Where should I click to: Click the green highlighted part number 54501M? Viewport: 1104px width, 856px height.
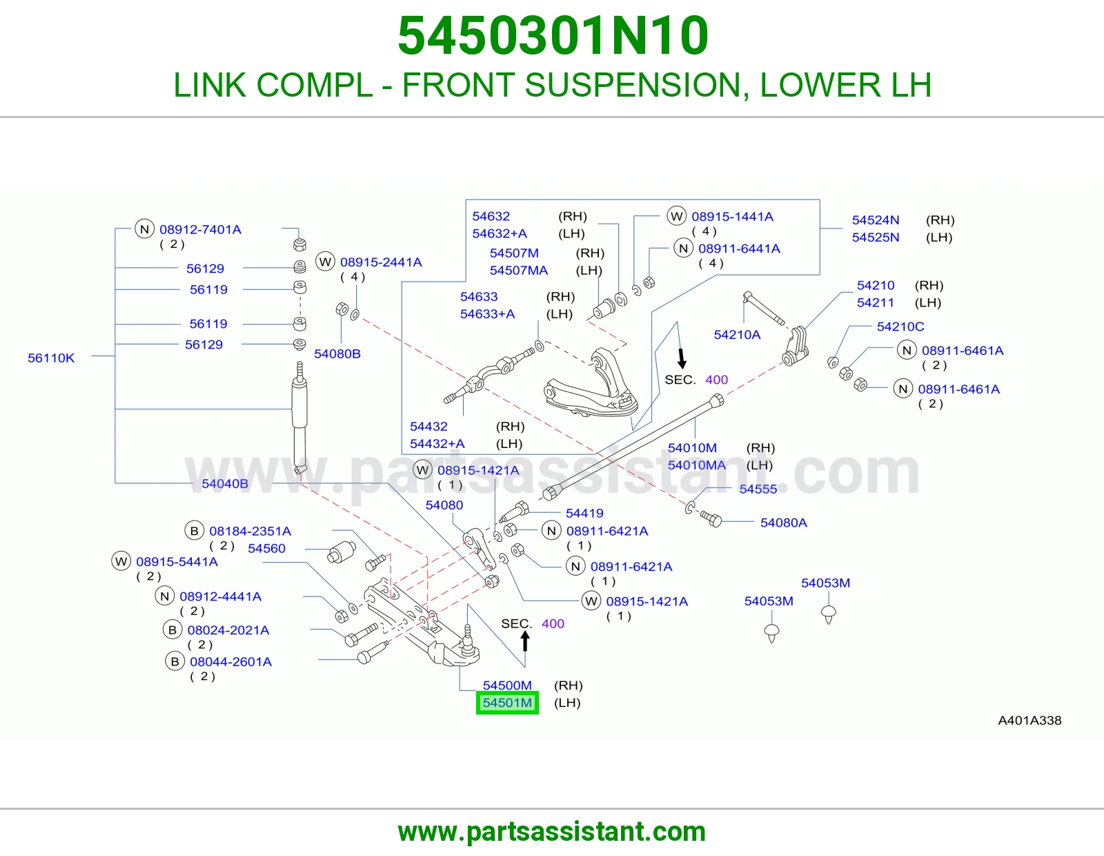click(x=507, y=703)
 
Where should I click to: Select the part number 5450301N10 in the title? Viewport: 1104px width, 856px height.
click(x=553, y=36)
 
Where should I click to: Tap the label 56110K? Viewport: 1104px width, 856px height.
click(x=51, y=358)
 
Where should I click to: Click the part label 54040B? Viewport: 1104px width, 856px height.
click(x=225, y=483)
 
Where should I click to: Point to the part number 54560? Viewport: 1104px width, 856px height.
click(x=267, y=549)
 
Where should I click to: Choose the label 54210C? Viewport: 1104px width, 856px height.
click(x=900, y=327)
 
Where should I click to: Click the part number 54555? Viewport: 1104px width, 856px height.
click(x=758, y=489)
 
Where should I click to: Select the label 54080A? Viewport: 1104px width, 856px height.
click(x=783, y=523)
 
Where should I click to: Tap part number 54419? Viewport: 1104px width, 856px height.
click(x=584, y=513)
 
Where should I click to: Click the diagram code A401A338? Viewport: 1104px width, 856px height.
click(x=1029, y=720)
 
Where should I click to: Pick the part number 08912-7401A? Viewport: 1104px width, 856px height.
click(x=200, y=230)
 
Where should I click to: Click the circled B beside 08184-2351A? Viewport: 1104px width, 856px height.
click(x=194, y=531)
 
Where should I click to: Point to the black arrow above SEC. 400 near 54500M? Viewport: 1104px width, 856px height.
click(x=525, y=641)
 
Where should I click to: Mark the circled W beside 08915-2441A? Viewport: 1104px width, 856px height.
click(x=326, y=262)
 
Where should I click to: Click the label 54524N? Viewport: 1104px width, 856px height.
click(x=876, y=220)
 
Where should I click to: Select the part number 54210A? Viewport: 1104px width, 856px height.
click(x=737, y=335)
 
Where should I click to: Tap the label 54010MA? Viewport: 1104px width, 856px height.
click(x=696, y=465)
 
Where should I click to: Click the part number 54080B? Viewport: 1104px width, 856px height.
click(x=337, y=353)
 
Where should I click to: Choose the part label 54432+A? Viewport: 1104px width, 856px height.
click(x=437, y=444)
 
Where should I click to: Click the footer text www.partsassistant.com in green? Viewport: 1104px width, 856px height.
click(x=552, y=832)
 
